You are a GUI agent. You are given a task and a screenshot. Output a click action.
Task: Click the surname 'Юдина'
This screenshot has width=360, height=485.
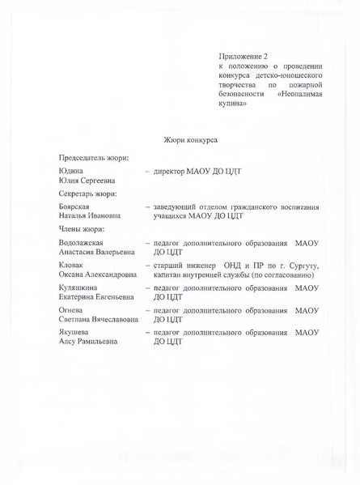click(71, 172)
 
